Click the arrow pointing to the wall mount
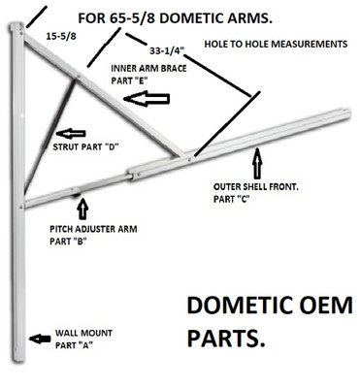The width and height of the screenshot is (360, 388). (x=40, y=339)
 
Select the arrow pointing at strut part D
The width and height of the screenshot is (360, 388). (x=71, y=131)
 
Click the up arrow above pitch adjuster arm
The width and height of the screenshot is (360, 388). (x=82, y=209)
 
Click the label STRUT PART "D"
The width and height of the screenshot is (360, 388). (x=85, y=147)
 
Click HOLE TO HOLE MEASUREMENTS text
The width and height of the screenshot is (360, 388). (x=276, y=45)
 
